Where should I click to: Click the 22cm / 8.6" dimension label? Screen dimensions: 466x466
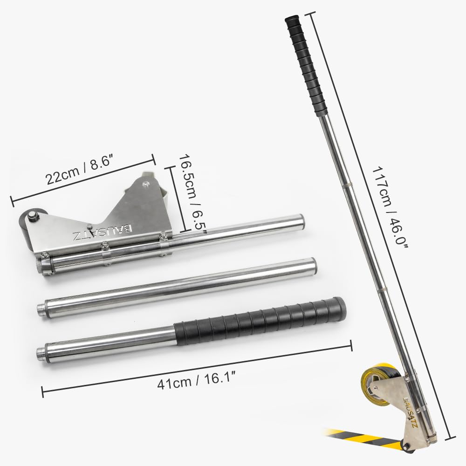coord(80,171)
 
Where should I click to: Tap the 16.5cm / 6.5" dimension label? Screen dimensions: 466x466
coord(191,195)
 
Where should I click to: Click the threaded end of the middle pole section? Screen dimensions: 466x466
coord(41,307)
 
